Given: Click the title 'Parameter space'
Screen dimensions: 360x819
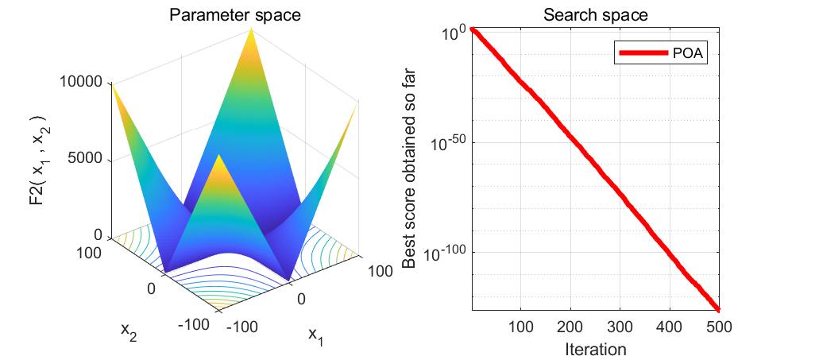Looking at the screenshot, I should tap(235, 15).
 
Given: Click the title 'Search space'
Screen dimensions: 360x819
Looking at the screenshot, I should tap(595, 15).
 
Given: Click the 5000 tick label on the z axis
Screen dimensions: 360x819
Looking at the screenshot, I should tap(88, 159).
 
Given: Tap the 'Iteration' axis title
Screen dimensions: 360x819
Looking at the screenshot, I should tap(595, 349).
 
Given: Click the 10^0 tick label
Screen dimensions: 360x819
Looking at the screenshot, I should tap(453, 33).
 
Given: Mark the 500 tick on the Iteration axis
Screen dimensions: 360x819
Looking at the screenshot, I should tap(718, 326).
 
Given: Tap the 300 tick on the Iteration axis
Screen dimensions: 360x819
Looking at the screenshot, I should tap(619, 326).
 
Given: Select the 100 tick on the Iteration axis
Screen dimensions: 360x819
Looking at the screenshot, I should tap(520, 326).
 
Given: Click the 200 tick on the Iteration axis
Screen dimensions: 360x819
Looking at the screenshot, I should tap(570, 326).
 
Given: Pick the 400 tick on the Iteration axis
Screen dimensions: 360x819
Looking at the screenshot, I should tap(669, 326).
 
